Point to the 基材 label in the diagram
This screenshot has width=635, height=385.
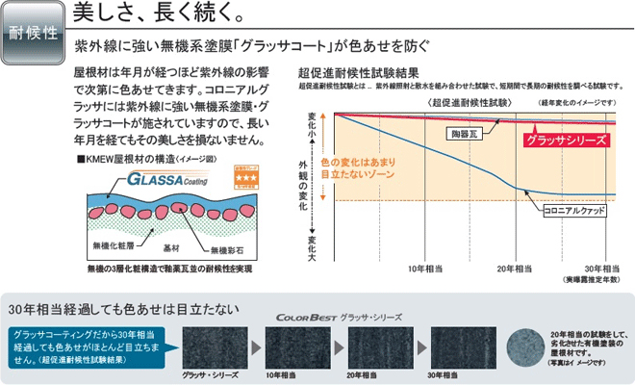click(x=169, y=248)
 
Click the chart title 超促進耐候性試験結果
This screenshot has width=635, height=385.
click(x=358, y=72)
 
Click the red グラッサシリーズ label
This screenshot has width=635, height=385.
click(x=567, y=140)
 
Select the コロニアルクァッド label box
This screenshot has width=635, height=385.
click(x=572, y=209)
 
